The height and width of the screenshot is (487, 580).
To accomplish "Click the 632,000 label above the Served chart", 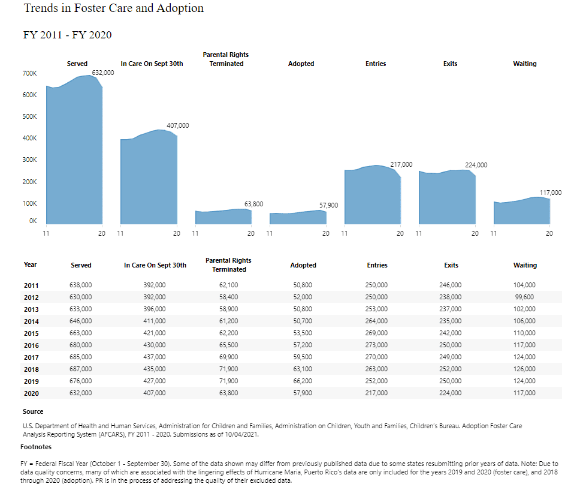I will click(x=102, y=73).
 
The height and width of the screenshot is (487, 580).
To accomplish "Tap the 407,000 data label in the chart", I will click(x=178, y=125).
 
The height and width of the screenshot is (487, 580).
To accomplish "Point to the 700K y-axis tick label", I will click(x=29, y=73).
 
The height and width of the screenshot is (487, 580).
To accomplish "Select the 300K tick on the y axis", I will click(x=29, y=160).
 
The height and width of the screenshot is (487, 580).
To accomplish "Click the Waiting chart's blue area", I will click(x=521, y=212).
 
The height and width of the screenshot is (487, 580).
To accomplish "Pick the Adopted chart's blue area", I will click(x=298, y=218).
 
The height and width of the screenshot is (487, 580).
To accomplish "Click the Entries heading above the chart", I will click(x=376, y=64).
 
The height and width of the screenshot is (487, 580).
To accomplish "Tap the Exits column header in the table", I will click(x=451, y=265).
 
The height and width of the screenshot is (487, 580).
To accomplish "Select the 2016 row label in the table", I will click(x=31, y=345).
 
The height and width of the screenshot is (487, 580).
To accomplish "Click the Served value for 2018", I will click(x=81, y=369).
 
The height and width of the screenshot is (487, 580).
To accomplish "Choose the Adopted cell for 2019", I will click(x=301, y=381).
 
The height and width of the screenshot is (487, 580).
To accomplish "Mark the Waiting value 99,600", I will click(x=525, y=297).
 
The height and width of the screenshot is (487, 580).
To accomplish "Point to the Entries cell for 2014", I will click(x=376, y=321).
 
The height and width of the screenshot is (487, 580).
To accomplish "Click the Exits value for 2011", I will click(x=451, y=285).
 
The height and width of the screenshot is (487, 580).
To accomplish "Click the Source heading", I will click(x=33, y=411).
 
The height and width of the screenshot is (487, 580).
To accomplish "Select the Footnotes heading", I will click(x=36, y=447).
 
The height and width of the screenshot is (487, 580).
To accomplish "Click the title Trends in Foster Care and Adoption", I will click(x=114, y=8).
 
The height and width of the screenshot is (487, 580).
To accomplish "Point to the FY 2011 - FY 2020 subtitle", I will click(x=67, y=35).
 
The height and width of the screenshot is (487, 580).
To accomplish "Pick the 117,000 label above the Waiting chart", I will click(x=551, y=193).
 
